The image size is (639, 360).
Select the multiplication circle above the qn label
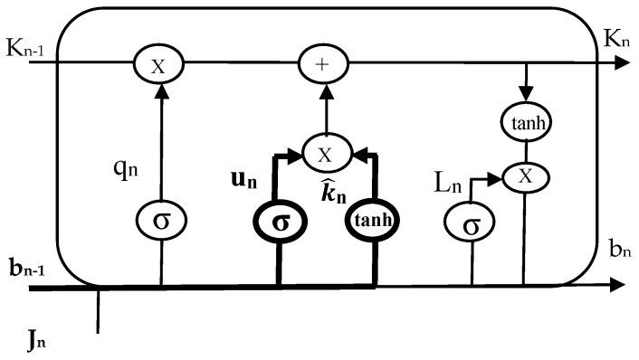[x=159, y=63]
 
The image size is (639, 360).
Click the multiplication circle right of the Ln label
[x=522, y=178]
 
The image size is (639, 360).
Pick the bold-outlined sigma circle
[x=281, y=222]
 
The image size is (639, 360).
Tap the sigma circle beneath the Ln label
[x=471, y=223]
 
